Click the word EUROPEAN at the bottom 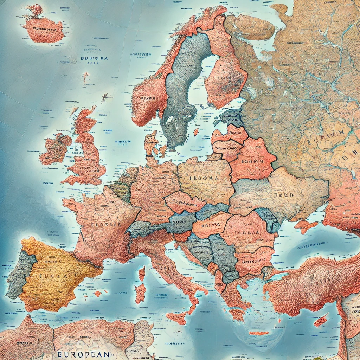83,354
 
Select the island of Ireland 54,148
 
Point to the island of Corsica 142,274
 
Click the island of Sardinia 140,293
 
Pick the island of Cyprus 320,320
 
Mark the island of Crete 258,333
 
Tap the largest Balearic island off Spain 97,293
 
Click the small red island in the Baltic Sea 196,132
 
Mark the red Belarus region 251,160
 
